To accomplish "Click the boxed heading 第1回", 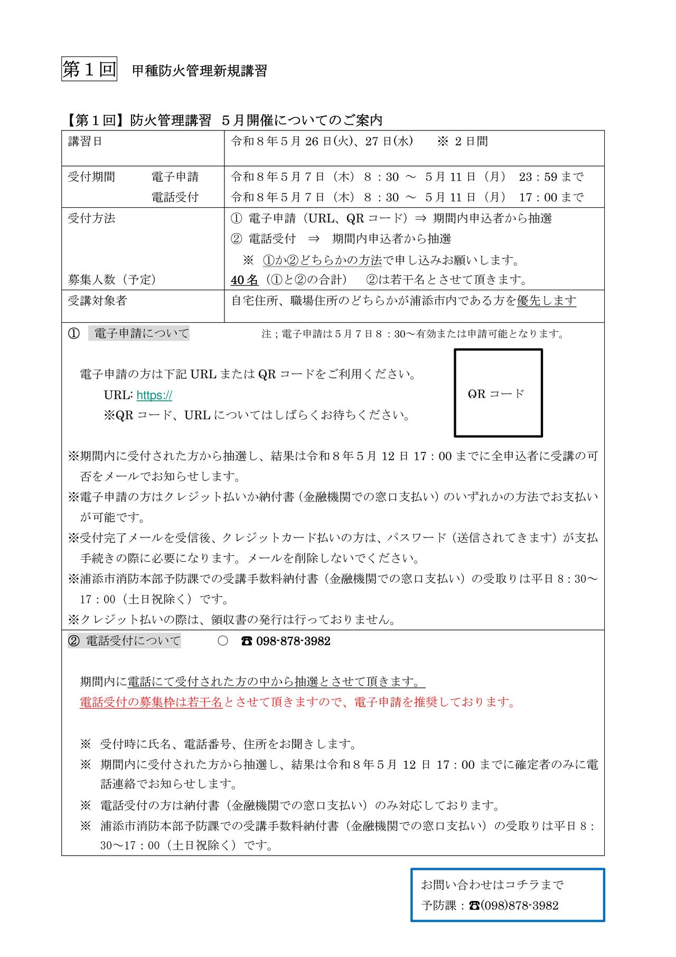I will (x=89, y=69).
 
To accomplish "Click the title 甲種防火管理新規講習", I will (x=199, y=71).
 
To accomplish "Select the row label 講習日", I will (x=86, y=142).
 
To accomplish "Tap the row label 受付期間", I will (x=91, y=176).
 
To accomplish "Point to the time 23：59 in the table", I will (x=538, y=176).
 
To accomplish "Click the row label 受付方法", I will (x=91, y=218).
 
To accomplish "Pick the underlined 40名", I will (x=245, y=280).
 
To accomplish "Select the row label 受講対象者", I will (x=97, y=301).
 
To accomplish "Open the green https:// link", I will (x=154, y=395).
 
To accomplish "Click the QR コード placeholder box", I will (x=498, y=393).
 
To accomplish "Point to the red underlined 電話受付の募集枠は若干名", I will (x=151, y=702).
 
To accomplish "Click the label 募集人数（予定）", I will (x=112, y=280).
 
